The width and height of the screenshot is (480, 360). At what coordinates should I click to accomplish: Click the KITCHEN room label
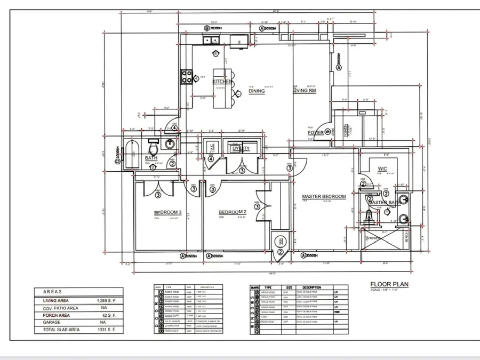coord(222,82)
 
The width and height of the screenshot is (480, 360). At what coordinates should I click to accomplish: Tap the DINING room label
coord(257,91)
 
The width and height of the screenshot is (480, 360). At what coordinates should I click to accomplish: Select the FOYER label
coord(316,133)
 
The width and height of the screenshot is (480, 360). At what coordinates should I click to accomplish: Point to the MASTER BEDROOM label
coord(324,196)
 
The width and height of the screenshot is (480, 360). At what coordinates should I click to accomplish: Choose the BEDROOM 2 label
coord(233,212)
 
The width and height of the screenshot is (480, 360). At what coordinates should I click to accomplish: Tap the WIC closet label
coord(382,169)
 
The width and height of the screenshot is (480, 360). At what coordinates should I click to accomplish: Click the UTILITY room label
coord(241,148)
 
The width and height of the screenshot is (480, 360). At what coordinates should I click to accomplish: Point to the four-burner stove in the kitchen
coord(187,77)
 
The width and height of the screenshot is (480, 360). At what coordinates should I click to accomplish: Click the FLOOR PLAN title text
coord(389,284)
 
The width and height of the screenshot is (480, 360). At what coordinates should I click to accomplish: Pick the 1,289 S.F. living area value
coord(106,301)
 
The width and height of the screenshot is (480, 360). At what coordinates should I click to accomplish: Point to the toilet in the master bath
coord(369,215)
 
